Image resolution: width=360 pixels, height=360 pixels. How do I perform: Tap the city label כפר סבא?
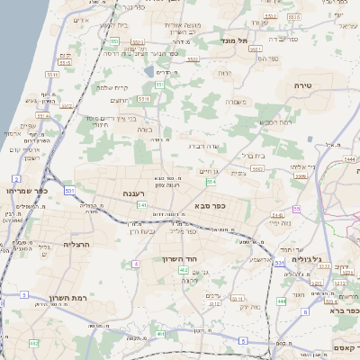pyautogui.click(x=209, y=205)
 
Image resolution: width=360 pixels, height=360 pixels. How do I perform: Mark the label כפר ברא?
pyautogui.click(x=341, y=310)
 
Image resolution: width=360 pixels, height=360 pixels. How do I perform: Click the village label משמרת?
pyautogui.click(x=237, y=102)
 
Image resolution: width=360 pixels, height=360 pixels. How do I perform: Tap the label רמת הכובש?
pyautogui.click(x=274, y=121)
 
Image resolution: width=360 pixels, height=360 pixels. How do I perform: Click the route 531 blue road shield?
pyautogui.click(x=279, y=264)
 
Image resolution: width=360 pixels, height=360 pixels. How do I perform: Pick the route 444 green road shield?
pyautogui.click(x=282, y=301)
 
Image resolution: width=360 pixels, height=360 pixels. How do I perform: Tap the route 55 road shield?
pyautogui.click(x=296, y=209)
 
